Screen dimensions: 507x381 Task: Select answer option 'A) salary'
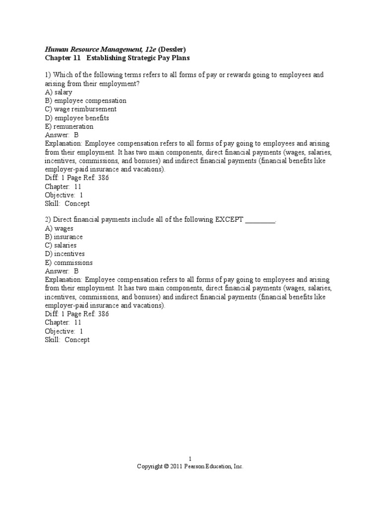point(59,92)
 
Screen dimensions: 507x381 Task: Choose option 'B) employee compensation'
point(85,101)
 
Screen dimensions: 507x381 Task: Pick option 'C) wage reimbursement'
point(81,109)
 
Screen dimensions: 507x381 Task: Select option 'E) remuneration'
point(69,127)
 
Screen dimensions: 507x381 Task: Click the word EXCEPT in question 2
point(229,219)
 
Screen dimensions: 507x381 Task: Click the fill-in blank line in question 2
point(260,220)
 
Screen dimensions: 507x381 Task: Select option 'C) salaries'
point(61,246)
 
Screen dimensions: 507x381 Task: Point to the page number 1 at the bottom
point(190,459)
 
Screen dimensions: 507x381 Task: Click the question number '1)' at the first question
point(48,75)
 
